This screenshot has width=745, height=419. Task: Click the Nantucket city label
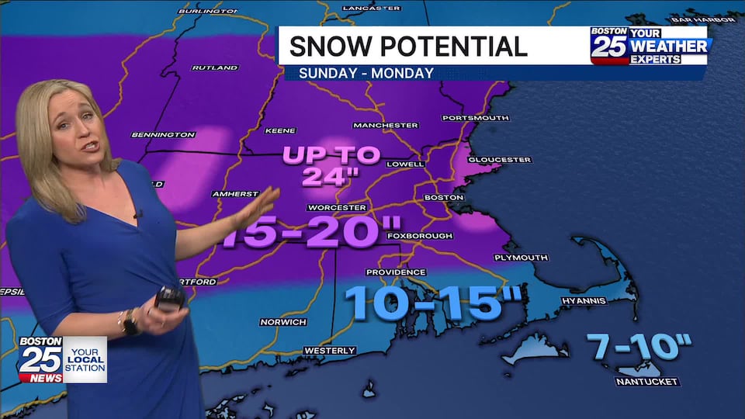pos(647,381)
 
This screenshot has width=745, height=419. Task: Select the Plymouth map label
pos(521,258)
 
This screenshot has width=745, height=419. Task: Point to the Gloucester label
pos(499,160)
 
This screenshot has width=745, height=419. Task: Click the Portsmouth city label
pos(475,118)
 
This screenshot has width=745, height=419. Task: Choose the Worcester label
pos(337,208)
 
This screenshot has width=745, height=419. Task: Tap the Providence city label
pos(396,272)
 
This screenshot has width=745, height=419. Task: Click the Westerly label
pos(329,351)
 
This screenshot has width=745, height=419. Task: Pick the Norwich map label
pos(283,322)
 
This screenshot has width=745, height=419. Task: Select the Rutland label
pos(214,68)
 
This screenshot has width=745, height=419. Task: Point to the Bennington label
pos(163,135)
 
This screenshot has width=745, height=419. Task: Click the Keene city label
pos(280,130)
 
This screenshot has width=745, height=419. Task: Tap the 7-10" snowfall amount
pos(638,347)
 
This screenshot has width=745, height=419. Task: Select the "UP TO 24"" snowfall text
pos(331,164)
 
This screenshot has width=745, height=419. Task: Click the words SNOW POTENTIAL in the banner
pos(408,47)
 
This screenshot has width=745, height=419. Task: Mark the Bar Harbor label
pos(702,19)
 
